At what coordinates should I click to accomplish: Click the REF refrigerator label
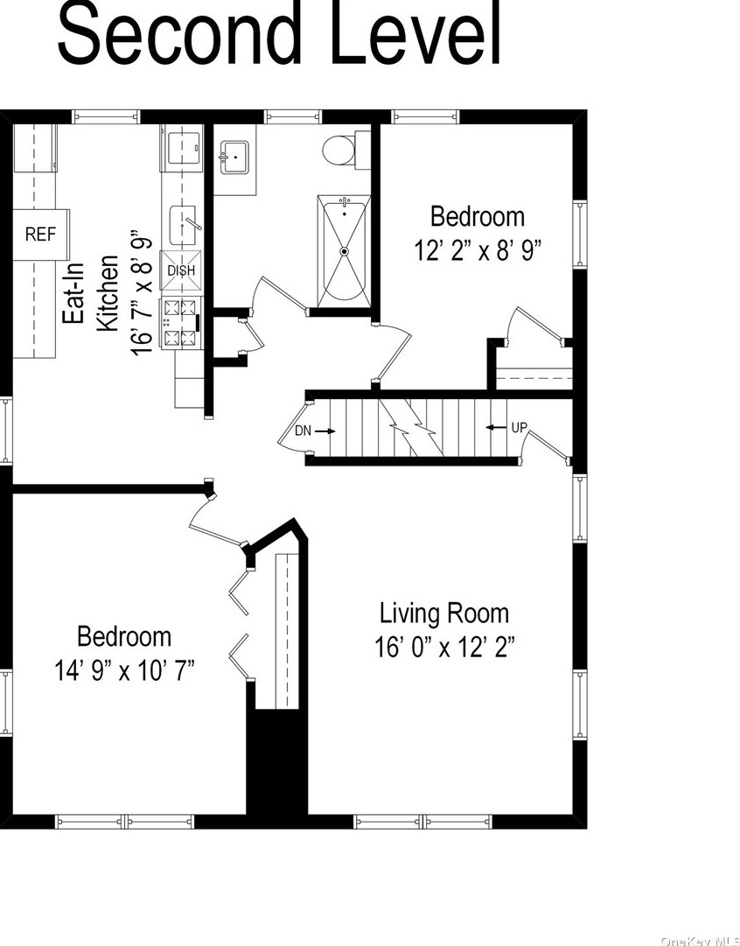pyautogui.click(x=40, y=234)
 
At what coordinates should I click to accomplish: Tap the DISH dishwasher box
pyautogui.click(x=181, y=270)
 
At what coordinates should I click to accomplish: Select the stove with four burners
pyautogui.click(x=181, y=324)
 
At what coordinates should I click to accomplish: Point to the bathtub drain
pyautogui.click(x=345, y=251)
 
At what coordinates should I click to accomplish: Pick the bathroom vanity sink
pyautogui.click(x=234, y=157)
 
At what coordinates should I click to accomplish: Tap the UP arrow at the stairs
pyautogui.click(x=496, y=428)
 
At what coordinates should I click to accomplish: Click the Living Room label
pyautogui.click(x=443, y=613)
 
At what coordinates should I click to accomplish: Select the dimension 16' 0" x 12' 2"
pyautogui.click(x=444, y=648)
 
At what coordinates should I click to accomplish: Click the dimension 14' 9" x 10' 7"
pyautogui.click(x=125, y=670)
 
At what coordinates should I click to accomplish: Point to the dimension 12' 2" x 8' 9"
pyautogui.click(x=478, y=249)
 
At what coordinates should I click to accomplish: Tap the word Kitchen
pyautogui.click(x=108, y=293)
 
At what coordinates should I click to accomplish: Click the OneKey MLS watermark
pyautogui.click(x=700, y=940)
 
